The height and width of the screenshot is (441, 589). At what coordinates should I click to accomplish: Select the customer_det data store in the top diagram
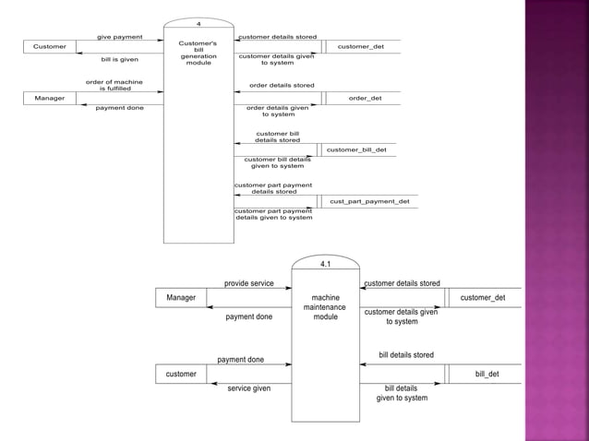pyautogui.click(x=361, y=46)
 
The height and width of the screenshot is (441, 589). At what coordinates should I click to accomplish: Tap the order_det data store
pyautogui.click(x=365, y=98)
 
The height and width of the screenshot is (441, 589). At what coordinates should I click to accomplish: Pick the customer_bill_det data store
pyautogui.click(x=356, y=149)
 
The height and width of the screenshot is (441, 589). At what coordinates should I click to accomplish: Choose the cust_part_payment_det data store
pyautogui.click(x=369, y=201)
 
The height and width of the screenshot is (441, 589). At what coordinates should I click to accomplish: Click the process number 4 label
pyautogui.click(x=198, y=22)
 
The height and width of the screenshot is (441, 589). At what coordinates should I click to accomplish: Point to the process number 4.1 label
pyautogui.click(x=325, y=264)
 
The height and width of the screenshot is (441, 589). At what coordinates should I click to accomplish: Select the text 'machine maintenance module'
pyautogui.click(x=325, y=307)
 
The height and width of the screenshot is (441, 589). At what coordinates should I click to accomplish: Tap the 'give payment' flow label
pyautogui.click(x=120, y=37)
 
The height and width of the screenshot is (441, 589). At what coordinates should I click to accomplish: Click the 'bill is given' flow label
pyautogui.click(x=120, y=59)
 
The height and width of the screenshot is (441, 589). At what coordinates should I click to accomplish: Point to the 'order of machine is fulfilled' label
pyautogui.click(x=114, y=85)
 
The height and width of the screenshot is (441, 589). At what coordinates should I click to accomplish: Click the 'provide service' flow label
pyautogui.click(x=249, y=283)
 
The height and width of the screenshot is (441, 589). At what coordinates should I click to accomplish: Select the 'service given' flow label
pyautogui.click(x=249, y=388)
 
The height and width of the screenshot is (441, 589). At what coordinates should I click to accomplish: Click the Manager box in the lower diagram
pyautogui.click(x=181, y=298)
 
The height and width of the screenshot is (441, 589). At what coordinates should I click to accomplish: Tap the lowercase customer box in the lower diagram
pyautogui.click(x=181, y=374)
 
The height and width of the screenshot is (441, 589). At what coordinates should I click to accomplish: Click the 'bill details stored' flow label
pyautogui.click(x=406, y=355)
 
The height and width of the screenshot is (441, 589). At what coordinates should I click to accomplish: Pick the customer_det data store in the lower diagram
pyautogui.click(x=483, y=298)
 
